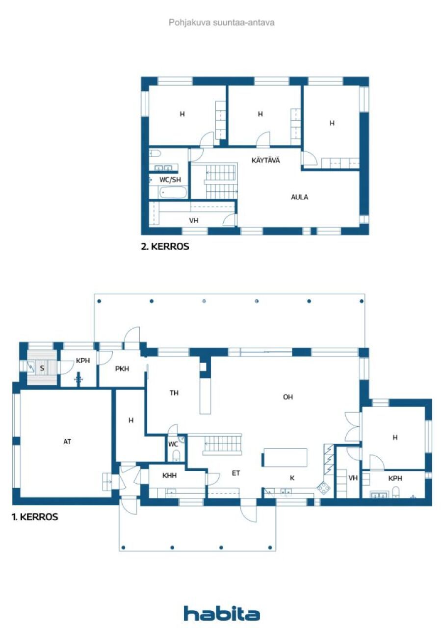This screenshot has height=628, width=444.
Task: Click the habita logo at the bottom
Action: [x=222, y=613]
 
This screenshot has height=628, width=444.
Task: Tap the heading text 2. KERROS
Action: [x=165, y=247]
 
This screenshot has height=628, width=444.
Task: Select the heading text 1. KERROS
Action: [x=35, y=517]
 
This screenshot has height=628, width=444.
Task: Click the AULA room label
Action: [x=300, y=197]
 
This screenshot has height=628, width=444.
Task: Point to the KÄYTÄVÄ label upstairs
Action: [x=266, y=160]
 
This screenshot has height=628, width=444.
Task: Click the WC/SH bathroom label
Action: [x=170, y=180]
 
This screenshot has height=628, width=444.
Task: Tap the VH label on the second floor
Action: [x=194, y=221]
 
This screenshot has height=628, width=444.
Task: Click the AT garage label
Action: [x=67, y=442]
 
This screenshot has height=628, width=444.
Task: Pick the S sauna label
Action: [x=42, y=367]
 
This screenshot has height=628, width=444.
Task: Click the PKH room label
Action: [x=122, y=369]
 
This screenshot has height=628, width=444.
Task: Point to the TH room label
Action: [x=174, y=392]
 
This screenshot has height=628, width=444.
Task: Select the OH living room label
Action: [x=288, y=397]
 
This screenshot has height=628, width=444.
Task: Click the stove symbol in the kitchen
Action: [x=324, y=487]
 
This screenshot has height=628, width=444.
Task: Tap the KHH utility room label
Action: [x=169, y=475]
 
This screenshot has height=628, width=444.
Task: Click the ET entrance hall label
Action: [x=236, y=473]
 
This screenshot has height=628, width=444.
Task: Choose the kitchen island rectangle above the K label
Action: [x=286, y=457]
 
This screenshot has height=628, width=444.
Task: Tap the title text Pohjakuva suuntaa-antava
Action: [x=221, y=23]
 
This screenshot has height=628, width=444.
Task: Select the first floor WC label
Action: [x=173, y=444]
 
